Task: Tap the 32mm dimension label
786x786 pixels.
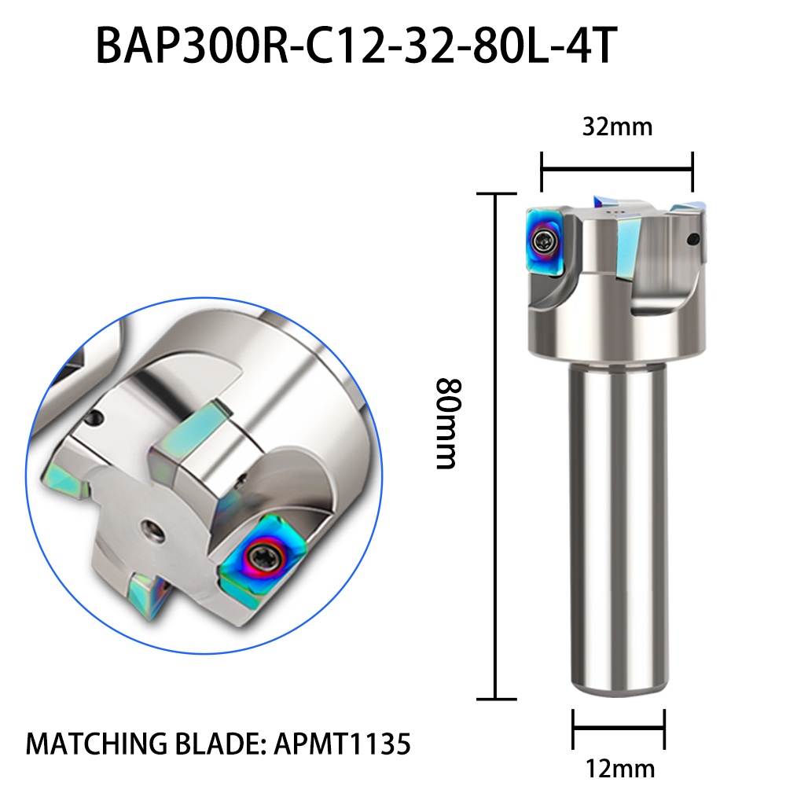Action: coord(617,127)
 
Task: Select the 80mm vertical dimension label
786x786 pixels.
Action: coord(446,424)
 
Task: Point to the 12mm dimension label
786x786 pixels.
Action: coord(620,769)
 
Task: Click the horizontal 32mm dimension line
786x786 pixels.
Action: coord(617,170)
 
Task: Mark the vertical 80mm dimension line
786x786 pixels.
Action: coord(496,446)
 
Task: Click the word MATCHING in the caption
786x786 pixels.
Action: coord(96,744)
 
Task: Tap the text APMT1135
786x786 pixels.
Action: coord(343,744)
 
